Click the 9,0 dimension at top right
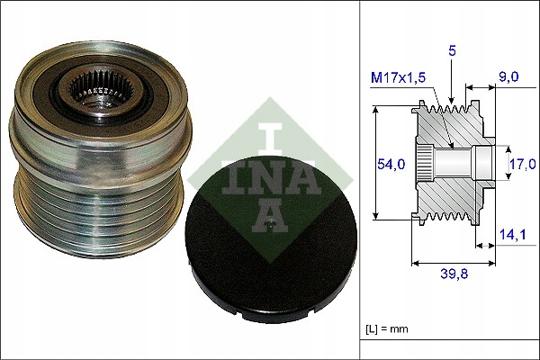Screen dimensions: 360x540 point(508,77)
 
